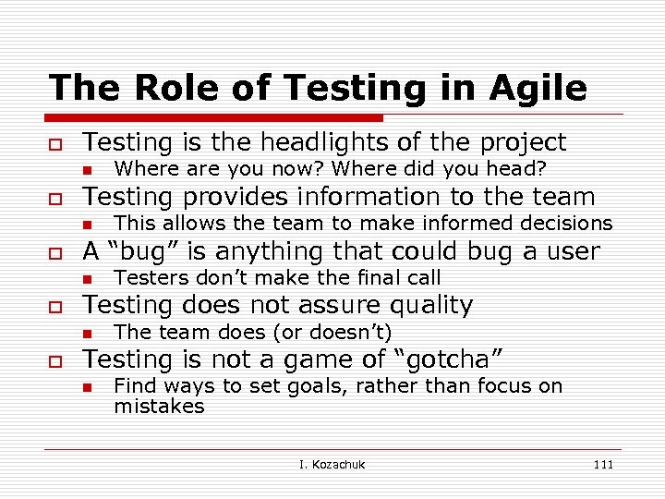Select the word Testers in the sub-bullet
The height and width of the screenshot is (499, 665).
point(145,277)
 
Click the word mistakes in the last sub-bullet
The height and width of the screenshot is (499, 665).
point(159,407)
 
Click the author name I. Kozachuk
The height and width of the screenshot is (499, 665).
point(332,465)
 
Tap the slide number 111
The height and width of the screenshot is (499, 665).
point(603,465)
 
